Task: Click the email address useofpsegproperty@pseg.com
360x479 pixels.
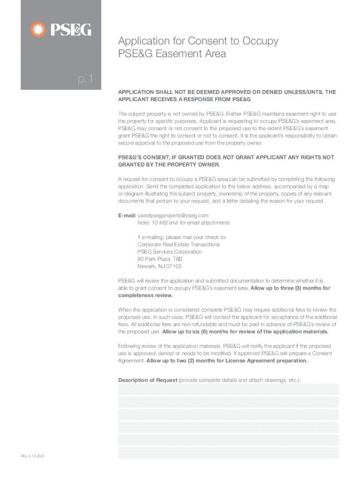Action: coord(173,215)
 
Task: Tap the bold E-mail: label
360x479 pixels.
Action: coord(127,215)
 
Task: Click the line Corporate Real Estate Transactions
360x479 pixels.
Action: coord(178,244)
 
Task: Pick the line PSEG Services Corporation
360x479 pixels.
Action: coord(169,252)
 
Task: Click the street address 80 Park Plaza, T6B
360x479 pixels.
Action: coord(159,259)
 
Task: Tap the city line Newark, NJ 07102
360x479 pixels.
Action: coord(159,266)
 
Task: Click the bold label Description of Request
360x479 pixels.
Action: coord(147,380)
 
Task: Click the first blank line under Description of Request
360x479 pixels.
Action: coord(228,389)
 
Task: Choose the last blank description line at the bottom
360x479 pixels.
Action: coord(228,452)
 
